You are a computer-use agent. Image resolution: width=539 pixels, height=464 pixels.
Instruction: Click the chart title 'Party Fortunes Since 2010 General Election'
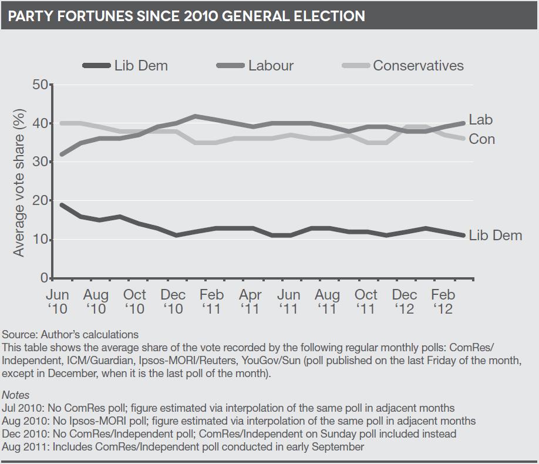186,15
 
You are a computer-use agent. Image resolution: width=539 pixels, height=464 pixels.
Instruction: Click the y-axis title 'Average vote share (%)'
19,182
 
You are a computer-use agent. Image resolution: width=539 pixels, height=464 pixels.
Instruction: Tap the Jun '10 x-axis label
57,301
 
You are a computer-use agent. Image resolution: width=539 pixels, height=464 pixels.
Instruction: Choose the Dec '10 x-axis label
173,301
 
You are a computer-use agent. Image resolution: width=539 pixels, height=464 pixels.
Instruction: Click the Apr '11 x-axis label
250,301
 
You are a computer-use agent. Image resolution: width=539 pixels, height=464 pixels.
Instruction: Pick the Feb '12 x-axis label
443,301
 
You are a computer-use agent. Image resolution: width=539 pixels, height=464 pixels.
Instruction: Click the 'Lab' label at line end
481,120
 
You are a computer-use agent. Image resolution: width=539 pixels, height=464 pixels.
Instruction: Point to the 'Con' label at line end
481,140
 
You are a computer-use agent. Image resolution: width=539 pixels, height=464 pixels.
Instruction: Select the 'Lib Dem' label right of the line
495,236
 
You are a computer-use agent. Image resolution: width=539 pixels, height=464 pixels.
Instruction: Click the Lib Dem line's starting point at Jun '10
62,205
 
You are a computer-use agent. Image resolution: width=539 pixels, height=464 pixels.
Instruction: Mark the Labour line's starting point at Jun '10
62,154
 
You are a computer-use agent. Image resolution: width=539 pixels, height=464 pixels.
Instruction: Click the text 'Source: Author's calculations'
70,335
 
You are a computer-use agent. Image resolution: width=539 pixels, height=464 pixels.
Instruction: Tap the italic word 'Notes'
16,395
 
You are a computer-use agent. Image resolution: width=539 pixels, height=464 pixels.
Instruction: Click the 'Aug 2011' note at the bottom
183,447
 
